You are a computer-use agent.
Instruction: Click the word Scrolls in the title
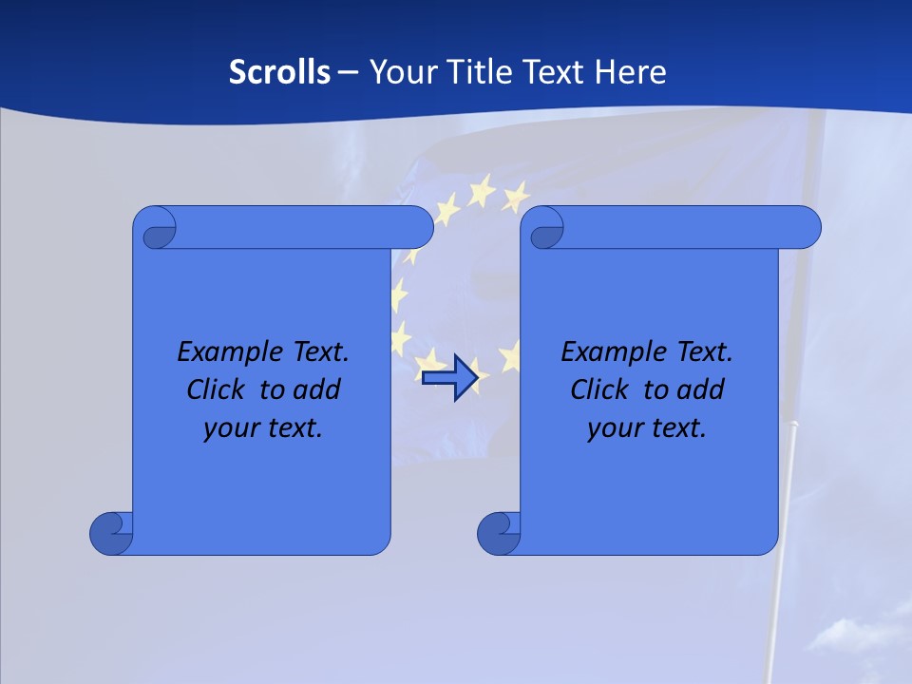[279, 72]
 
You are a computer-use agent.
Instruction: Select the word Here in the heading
[630, 72]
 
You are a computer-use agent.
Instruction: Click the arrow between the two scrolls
[449, 378]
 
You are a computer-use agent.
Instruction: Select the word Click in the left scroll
[215, 390]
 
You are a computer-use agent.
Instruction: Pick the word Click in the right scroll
[598, 390]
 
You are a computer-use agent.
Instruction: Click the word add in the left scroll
[317, 390]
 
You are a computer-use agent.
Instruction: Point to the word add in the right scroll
[701, 390]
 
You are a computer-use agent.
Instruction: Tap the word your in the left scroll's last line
[229, 428]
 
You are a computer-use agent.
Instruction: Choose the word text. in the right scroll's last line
[678, 428]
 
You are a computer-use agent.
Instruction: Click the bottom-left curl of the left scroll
[110, 533]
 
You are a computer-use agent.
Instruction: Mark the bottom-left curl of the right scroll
[498, 533]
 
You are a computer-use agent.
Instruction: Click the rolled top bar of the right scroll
[684, 227]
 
